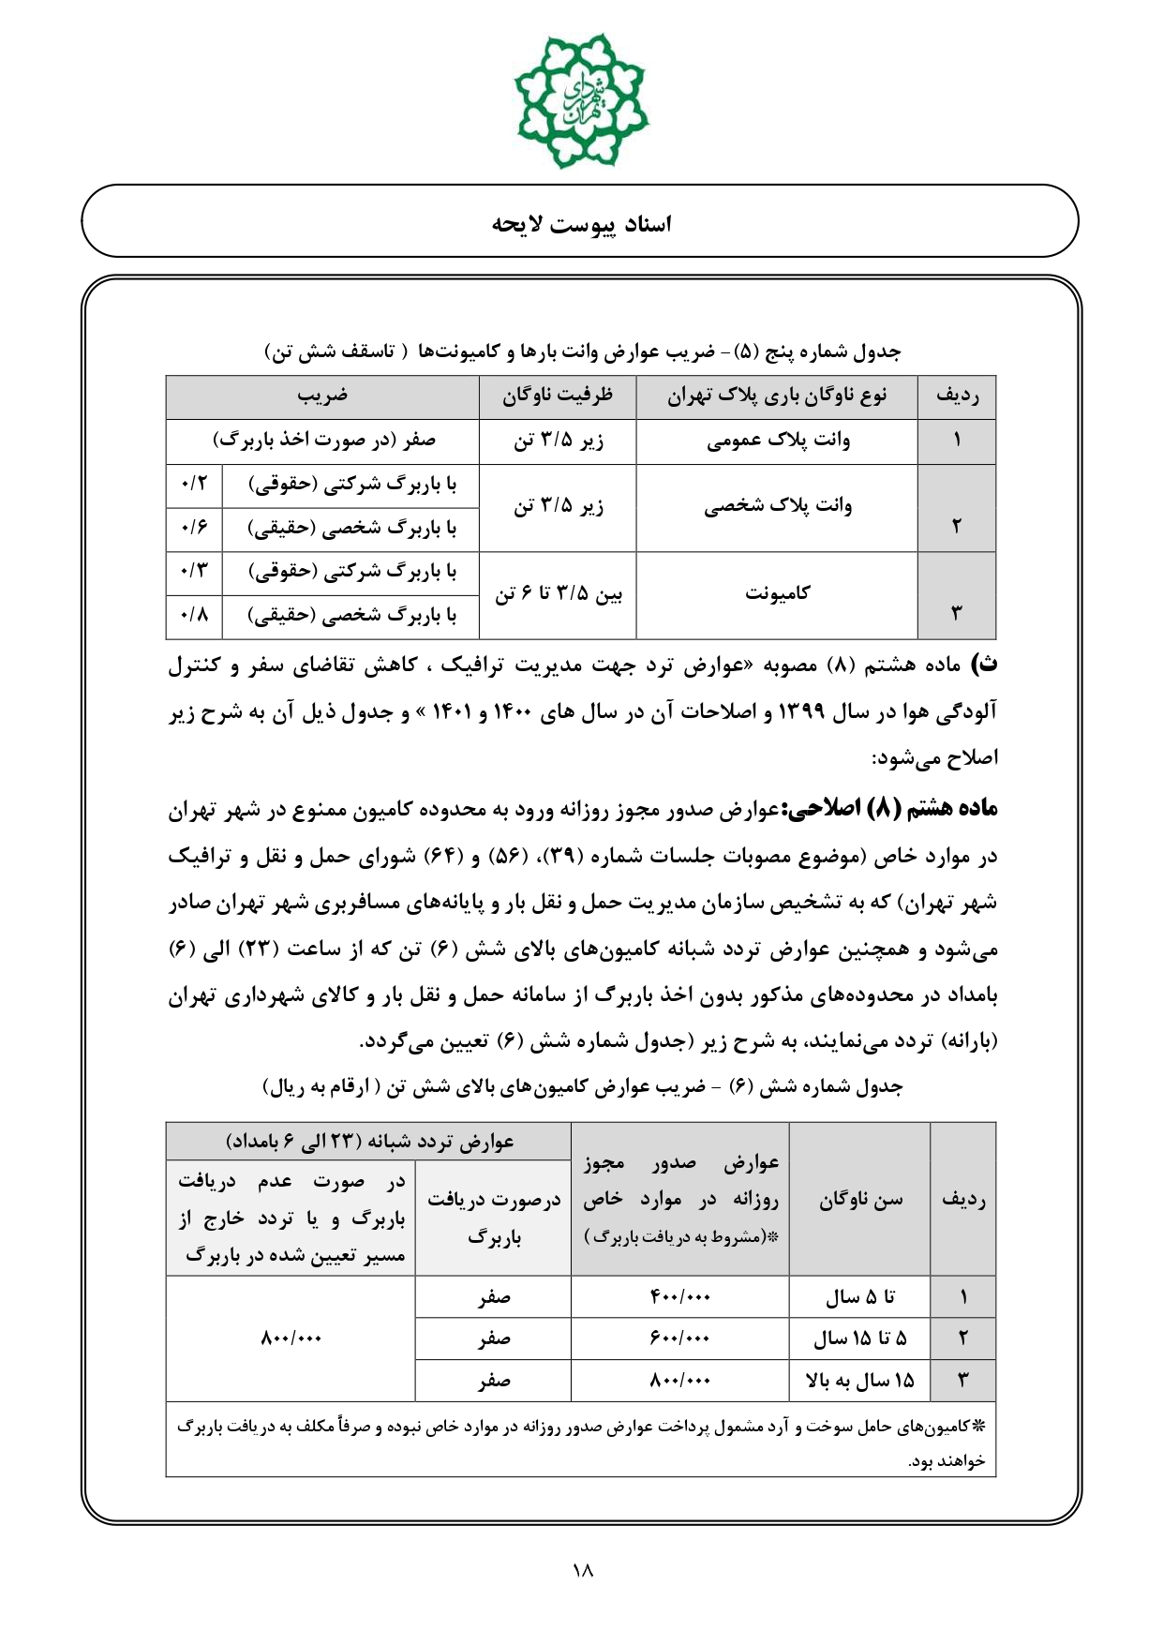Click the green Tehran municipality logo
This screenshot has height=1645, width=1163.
[581, 100]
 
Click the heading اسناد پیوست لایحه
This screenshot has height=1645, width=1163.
[581, 224]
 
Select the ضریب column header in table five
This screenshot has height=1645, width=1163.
[322, 396]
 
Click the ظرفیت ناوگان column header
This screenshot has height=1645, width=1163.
[558, 396]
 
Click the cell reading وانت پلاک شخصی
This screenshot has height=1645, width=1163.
[778, 507]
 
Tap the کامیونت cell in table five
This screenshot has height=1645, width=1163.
[778, 594]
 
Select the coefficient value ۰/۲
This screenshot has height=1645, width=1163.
[194, 486]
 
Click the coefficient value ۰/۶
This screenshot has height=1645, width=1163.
[194, 530]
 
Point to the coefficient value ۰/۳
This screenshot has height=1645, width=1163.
[194, 572]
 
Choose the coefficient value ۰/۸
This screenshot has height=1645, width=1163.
[194, 617]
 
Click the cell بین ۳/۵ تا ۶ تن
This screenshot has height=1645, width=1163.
[558, 594]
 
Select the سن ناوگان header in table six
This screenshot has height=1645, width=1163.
[860, 1200]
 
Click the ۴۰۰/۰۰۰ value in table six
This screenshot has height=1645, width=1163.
[680, 1297]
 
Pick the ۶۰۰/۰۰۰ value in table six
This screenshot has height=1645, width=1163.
[680, 1338]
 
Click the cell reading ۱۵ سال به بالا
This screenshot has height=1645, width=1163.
[860, 1381]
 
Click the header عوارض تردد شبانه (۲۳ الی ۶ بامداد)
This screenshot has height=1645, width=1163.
[369, 1142]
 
